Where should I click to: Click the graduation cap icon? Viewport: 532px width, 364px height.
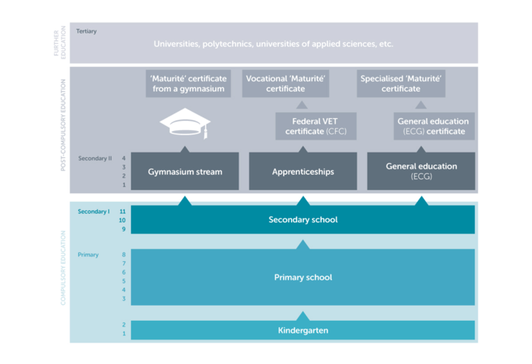185,125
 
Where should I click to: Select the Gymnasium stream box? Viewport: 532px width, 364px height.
185,171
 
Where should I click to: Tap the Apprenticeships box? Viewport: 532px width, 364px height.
303,171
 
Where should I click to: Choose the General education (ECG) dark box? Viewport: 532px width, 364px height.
421,171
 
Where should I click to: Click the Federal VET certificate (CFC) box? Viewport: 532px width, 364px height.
315,127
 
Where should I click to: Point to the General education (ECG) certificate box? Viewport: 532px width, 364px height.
432,127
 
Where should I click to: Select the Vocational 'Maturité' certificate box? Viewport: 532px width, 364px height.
285,84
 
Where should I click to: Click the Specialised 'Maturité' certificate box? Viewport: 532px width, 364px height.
401,84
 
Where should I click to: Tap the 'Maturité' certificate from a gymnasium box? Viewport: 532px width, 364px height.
187,84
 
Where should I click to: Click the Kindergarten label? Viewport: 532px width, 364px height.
303,330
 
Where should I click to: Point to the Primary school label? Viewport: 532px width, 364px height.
303,278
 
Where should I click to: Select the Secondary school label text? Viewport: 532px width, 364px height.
303,220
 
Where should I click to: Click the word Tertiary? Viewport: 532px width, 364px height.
87,32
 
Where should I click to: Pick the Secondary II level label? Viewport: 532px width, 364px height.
95,159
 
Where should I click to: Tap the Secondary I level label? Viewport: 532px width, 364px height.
93,211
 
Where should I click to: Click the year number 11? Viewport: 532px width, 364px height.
123,211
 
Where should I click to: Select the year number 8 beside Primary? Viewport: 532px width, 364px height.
123,254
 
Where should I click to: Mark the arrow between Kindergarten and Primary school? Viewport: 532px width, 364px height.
303,315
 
